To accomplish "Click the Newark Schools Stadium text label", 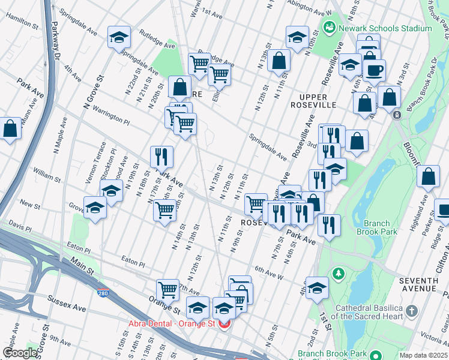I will pyautogui.click(x=385, y=28).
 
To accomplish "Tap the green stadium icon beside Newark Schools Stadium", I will pyautogui.click(x=329, y=28).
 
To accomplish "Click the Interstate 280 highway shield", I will pyautogui.click(x=103, y=293).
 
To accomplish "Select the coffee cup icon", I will pyautogui.click(x=375, y=70).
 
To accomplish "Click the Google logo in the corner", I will pyautogui.click(x=19, y=353).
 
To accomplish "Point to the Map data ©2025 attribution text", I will pyautogui.click(x=424, y=355).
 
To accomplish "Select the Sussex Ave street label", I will pyautogui.click(x=67, y=308).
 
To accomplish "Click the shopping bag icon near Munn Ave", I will pyautogui.click(x=10, y=128).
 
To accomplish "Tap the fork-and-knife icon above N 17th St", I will pyautogui.click(x=161, y=157).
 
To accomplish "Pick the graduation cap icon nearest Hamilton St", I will pyautogui.click(x=119, y=37).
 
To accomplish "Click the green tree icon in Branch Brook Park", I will pyautogui.click(x=339, y=274).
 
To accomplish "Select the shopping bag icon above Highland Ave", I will pyautogui.click(x=428, y=176).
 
